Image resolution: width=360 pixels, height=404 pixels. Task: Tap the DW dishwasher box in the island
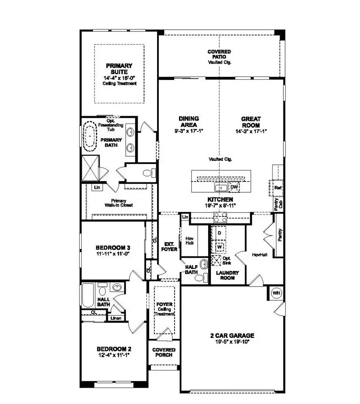click(234, 187)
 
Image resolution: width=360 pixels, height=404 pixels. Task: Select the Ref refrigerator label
click(277, 188)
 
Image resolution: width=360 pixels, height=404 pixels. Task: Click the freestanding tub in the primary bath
click(89, 137)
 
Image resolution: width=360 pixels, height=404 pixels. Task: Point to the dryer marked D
click(219, 233)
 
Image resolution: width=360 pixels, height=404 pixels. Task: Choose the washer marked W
click(219, 247)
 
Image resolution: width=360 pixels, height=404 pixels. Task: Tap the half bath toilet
click(199, 278)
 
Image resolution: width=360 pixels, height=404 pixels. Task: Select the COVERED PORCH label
click(164, 352)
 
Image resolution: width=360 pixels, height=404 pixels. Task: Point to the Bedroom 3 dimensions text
click(113, 254)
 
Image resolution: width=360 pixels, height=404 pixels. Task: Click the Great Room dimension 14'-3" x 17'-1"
click(251, 131)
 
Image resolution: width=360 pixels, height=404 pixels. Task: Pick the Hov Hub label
click(190, 241)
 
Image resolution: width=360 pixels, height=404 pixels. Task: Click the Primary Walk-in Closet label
click(122, 203)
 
